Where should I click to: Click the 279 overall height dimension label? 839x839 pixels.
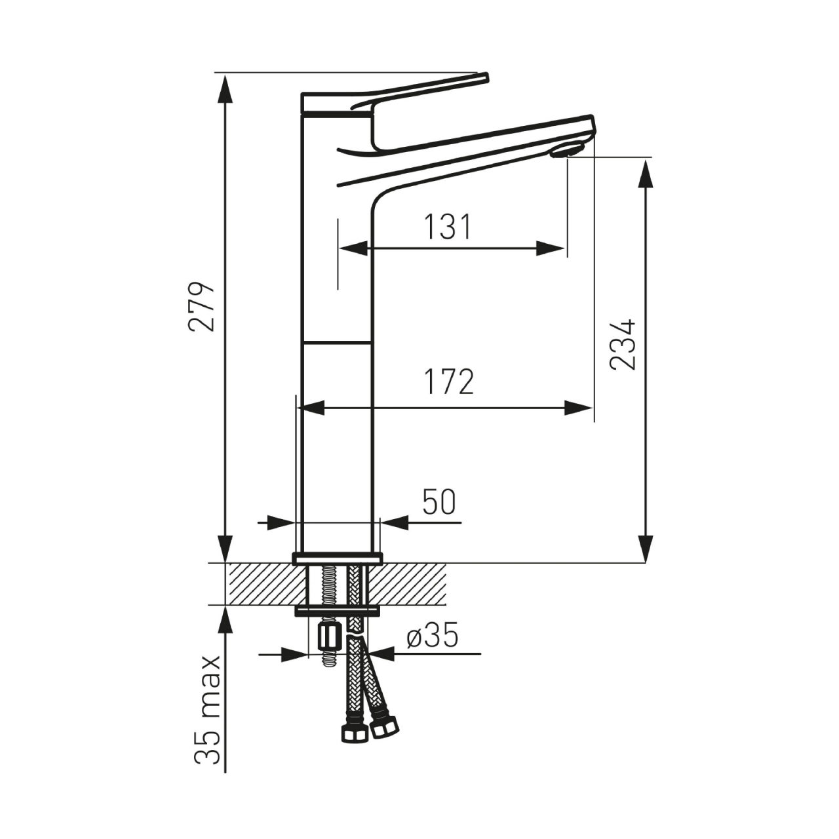point(202,307)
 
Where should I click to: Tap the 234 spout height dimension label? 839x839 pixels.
point(622,345)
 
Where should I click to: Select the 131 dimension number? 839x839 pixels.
point(448,227)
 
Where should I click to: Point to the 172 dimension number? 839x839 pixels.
point(449,382)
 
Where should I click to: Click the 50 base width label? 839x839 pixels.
point(439,502)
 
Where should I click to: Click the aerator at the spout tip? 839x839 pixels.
point(566,151)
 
